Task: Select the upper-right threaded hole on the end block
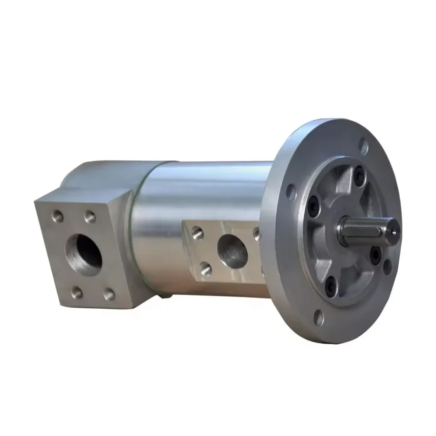(x=89, y=215)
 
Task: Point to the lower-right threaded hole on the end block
(x=110, y=293)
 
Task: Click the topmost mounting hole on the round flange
(x=363, y=143)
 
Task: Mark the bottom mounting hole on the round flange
(x=318, y=317)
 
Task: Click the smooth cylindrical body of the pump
(x=194, y=194)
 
